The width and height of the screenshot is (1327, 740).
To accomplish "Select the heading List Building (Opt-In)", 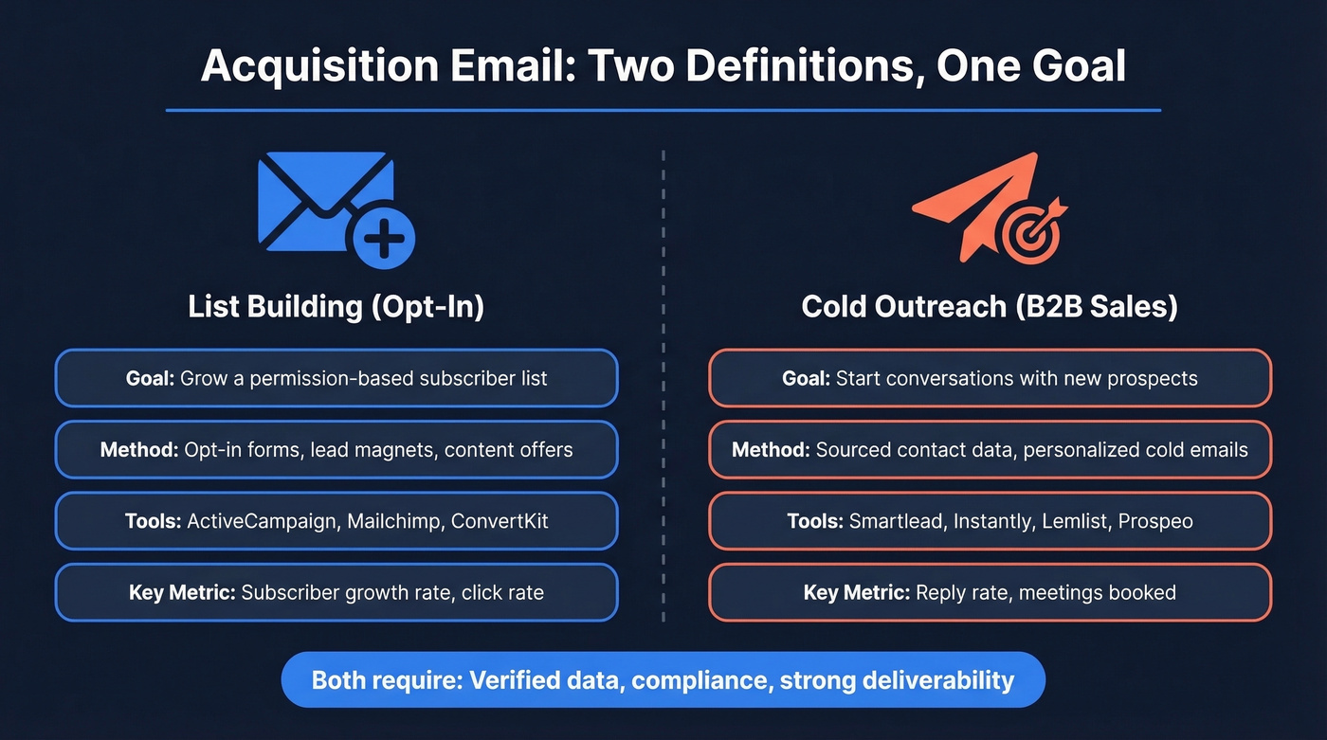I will point(336,307).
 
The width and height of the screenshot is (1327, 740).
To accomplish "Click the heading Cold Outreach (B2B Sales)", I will point(990,307).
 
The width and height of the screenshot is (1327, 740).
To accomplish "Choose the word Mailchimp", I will point(393,521).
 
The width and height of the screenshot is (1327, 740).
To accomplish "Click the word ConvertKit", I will point(500,521).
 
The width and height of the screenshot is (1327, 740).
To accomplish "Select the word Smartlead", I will point(897,521).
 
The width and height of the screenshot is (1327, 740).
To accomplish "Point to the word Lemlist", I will point(1066,521).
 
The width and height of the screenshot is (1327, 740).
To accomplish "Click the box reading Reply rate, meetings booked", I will point(990,593).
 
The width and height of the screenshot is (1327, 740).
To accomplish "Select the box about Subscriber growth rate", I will point(336,593).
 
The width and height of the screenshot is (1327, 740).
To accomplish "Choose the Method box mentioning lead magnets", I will point(336,449).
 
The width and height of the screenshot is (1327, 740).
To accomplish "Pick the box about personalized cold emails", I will point(990,449).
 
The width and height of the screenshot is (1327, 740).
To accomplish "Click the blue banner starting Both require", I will point(663,679).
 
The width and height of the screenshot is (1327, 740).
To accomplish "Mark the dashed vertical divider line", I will point(663,379).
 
